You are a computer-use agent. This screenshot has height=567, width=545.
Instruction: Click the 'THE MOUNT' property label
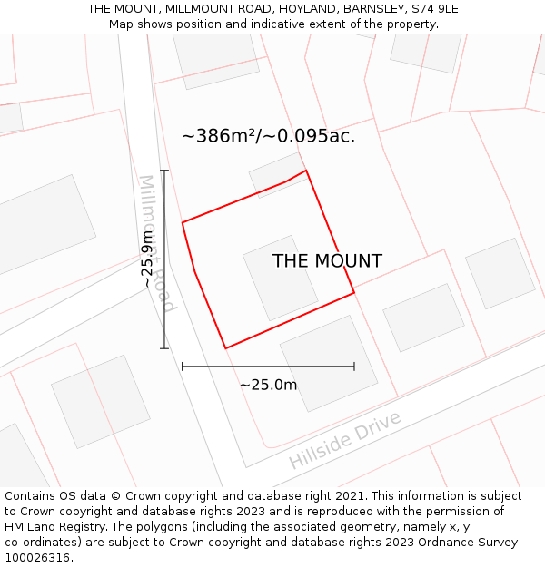(x=327, y=261)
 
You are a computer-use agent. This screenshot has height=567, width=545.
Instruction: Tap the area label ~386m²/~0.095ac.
(x=268, y=136)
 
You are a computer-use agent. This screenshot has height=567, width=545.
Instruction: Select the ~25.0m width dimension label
(x=268, y=385)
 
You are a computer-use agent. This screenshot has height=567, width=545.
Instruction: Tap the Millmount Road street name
(x=155, y=243)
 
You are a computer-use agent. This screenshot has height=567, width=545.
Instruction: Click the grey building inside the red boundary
(x=280, y=277)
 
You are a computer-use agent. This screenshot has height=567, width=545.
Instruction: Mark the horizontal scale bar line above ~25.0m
(x=268, y=367)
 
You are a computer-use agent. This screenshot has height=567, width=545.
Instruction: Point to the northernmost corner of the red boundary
(x=306, y=170)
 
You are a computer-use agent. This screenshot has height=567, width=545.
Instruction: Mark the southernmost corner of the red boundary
(x=225, y=348)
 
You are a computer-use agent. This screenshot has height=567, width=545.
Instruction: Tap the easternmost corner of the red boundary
(x=354, y=292)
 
